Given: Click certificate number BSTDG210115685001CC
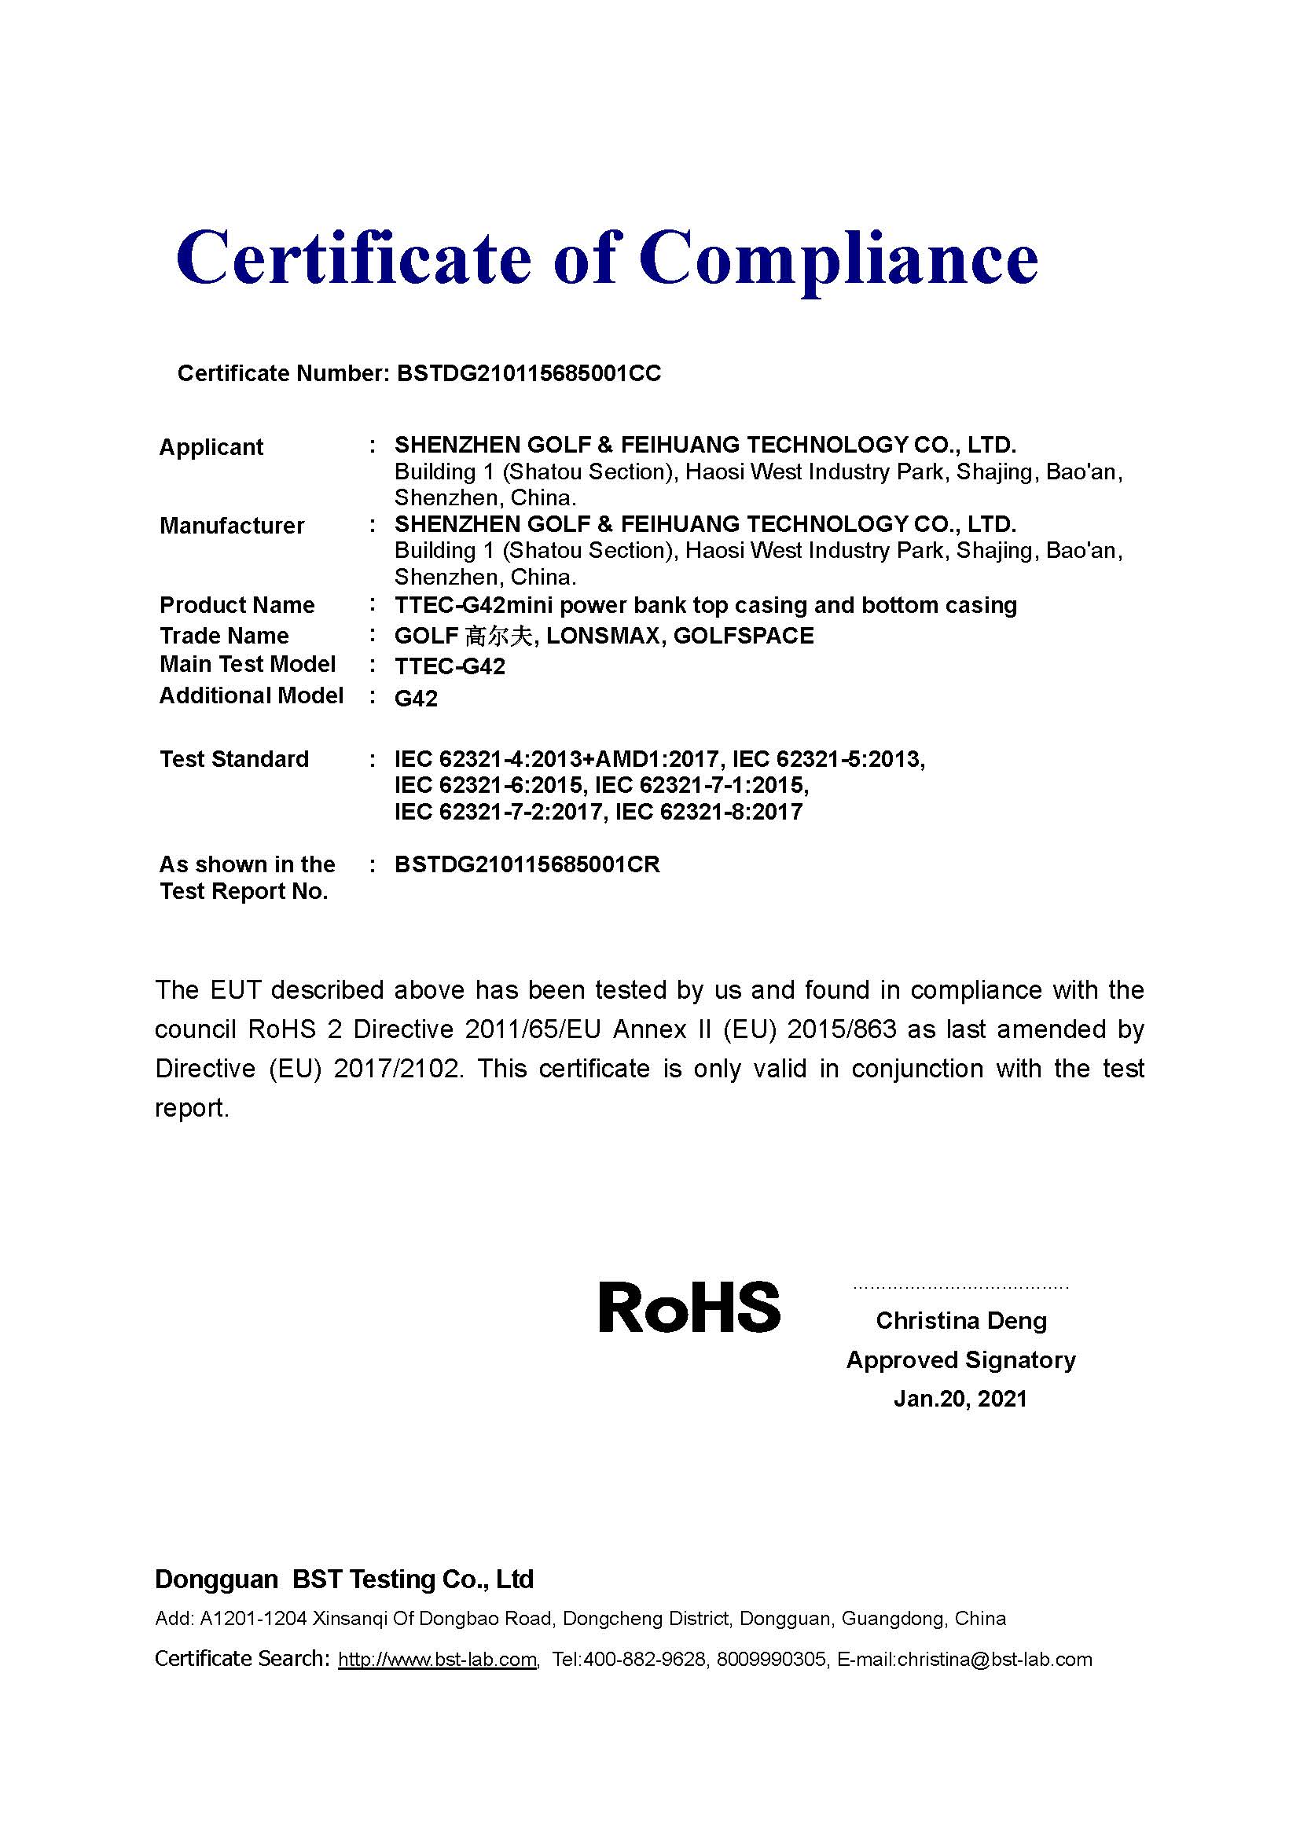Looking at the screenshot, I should tap(529, 374).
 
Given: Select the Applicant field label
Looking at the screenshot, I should tap(211, 446).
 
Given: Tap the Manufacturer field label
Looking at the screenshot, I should tap(232, 526).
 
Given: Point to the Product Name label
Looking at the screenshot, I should tap(237, 605).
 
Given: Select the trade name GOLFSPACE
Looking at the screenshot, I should tap(744, 636).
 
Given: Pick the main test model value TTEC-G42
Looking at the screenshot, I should tap(450, 667).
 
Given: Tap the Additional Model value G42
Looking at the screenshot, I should tap(417, 699).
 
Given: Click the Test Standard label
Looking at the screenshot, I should tap(233, 759).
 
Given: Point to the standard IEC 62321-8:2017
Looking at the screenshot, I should tap(709, 812).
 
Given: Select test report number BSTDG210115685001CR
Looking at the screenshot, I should tap(527, 864).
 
